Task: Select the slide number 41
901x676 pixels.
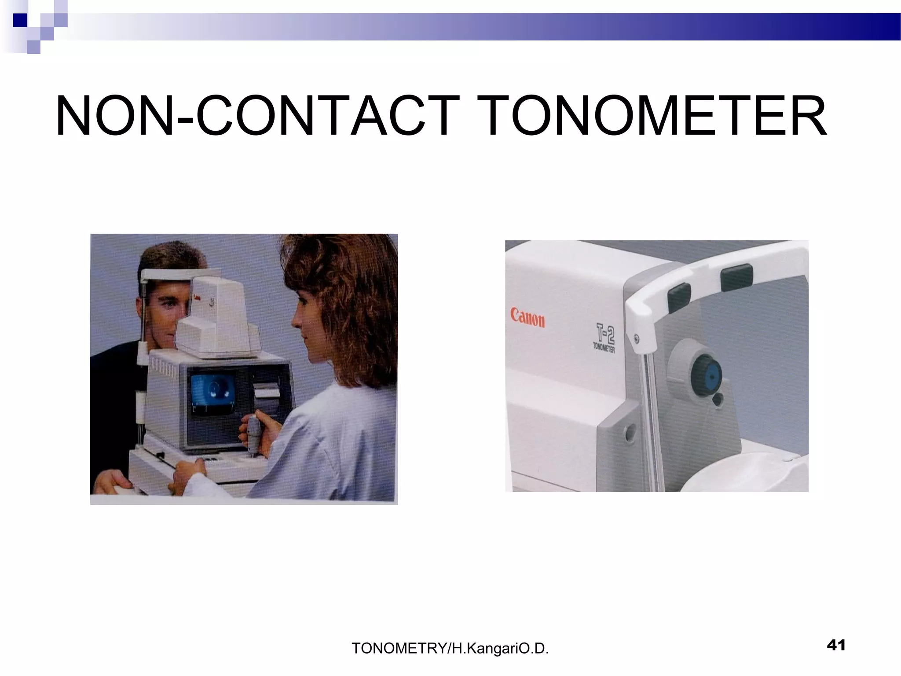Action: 836,645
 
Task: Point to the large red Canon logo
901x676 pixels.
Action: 527,318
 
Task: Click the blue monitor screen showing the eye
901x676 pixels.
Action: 214,390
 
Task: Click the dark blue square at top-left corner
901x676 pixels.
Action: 20,20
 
